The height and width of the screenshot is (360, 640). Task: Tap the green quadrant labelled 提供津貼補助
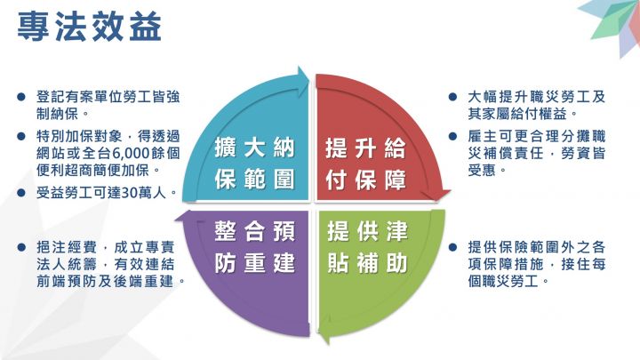[x=367, y=250]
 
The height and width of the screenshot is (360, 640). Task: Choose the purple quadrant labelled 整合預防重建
[x=254, y=250]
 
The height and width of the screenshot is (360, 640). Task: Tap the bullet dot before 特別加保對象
[x=21, y=136]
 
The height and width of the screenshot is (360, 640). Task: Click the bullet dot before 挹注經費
[x=21, y=244]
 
